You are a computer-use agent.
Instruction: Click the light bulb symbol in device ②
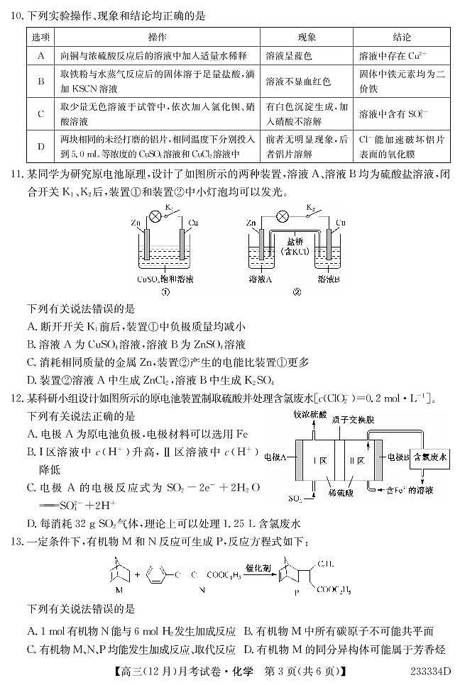pos(282,215)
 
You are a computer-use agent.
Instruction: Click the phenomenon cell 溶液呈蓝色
pos(288,55)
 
